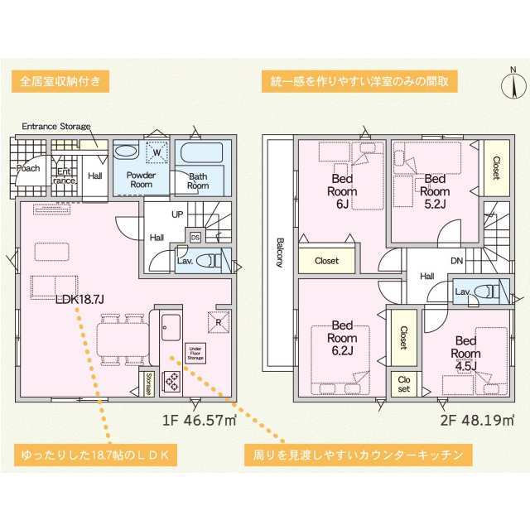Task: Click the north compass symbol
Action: tap(513, 86)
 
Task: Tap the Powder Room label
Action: tap(141, 180)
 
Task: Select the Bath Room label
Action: tap(198, 181)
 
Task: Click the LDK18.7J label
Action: tap(79, 299)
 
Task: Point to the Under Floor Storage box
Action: tap(195, 354)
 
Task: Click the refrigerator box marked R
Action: tap(219, 322)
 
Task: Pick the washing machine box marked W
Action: tap(157, 152)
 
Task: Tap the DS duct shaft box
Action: tap(195, 238)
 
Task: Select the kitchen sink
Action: tap(171, 327)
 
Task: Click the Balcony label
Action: tap(280, 253)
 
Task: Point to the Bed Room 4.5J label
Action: tap(465, 354)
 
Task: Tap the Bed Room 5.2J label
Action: tap(435, 191)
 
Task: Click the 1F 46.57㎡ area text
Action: tap(199, 420)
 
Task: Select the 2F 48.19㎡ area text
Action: tap(477, 420)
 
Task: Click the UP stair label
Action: tap(177, 214)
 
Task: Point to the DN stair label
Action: tap(456, 261)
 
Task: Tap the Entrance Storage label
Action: tap(56, 127)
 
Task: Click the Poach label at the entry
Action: tap(28, 168)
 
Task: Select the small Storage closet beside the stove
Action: tap(147, 384)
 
